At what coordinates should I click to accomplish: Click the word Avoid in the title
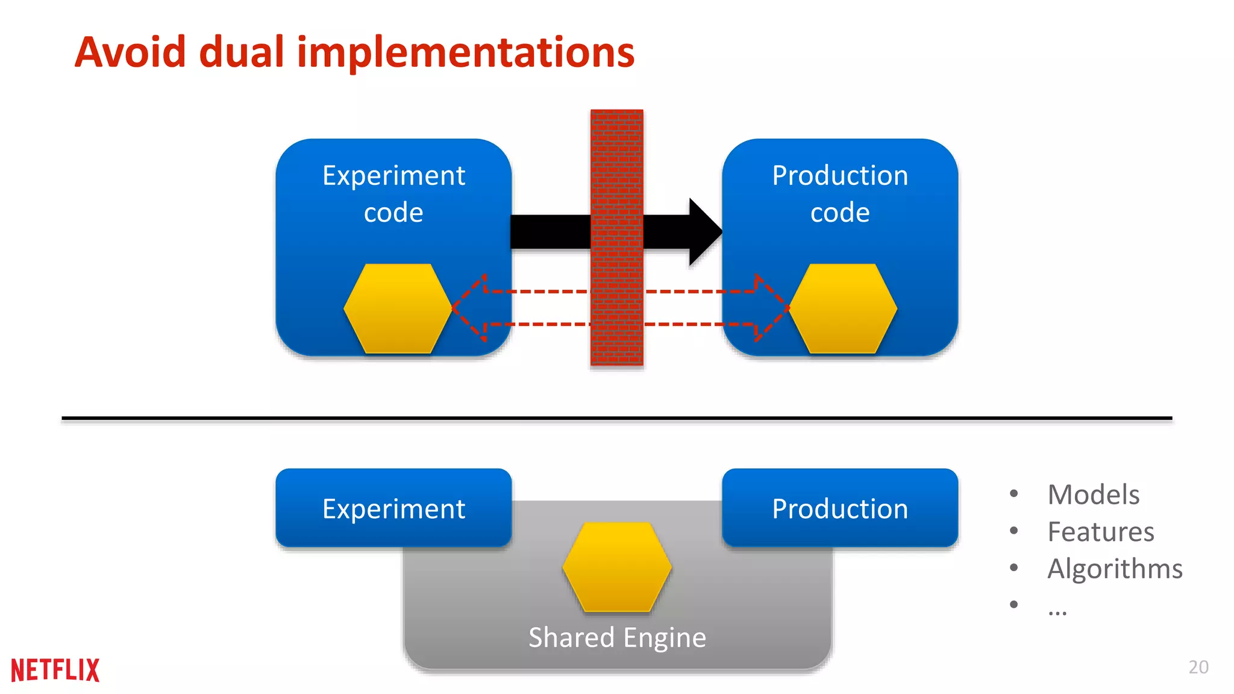pos(130,52)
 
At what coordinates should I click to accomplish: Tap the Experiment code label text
pos(393,194)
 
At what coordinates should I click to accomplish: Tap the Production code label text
pos(840,194)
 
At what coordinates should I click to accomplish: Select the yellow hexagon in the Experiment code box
pos(398,308)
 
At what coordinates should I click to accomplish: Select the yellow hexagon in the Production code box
pos(843,308)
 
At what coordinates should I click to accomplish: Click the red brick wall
pos(616,237)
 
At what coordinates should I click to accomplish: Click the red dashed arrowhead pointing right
pos(771,308)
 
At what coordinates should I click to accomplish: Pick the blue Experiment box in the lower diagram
pos(393,508)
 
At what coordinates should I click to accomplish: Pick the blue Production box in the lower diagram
pos(840,508)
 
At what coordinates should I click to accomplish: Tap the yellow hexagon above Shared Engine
pos(617,567)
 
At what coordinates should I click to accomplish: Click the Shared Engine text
pos(617,637)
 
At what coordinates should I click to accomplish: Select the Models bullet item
pos(1093,495)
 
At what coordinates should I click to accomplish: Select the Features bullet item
pos(1100,532)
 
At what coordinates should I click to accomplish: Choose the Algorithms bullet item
pos(1115,569)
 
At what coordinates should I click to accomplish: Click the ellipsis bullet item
pos(1057,610)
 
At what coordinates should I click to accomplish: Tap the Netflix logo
pos(55,670)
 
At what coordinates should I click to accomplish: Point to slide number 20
pos(1198,667)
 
